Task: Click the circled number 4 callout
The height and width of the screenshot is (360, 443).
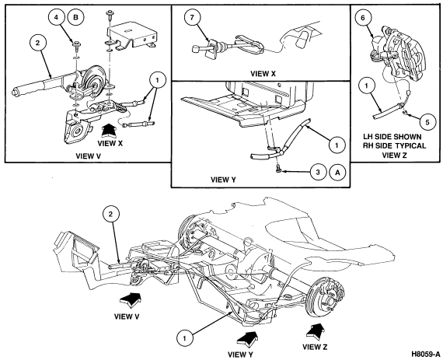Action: (x=56, y=17)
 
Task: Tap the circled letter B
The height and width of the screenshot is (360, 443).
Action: (x=75, y=17)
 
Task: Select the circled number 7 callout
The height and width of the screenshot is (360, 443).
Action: (x=193, y=18)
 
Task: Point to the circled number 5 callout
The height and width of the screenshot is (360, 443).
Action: (x=427, y=122)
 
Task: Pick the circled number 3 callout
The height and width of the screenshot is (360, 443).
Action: (x=318, y=172)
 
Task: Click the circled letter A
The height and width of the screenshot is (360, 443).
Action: (x=337, y=172)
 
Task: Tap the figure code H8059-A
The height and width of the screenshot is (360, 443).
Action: (x=426, y=354)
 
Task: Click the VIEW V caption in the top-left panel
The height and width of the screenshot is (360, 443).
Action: (x=88, y=156)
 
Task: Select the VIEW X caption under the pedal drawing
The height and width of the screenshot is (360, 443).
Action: (x=263, y=74)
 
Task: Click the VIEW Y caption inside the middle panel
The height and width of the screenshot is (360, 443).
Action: (x=223, y=180)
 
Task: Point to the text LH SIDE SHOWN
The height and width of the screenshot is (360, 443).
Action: (x=392, y=137)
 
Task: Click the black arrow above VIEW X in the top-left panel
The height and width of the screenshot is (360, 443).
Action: (x=110, y=131)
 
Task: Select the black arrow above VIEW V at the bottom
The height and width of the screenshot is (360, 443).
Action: (x=131, y=299)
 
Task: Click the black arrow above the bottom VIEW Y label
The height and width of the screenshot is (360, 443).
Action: (x=248, y=338)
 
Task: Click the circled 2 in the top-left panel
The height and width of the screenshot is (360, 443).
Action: (x=37, y=43)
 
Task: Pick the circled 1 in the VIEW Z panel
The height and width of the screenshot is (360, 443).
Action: (x=366, y=86)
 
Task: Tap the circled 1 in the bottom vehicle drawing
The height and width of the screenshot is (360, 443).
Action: (x=184, y=337)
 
